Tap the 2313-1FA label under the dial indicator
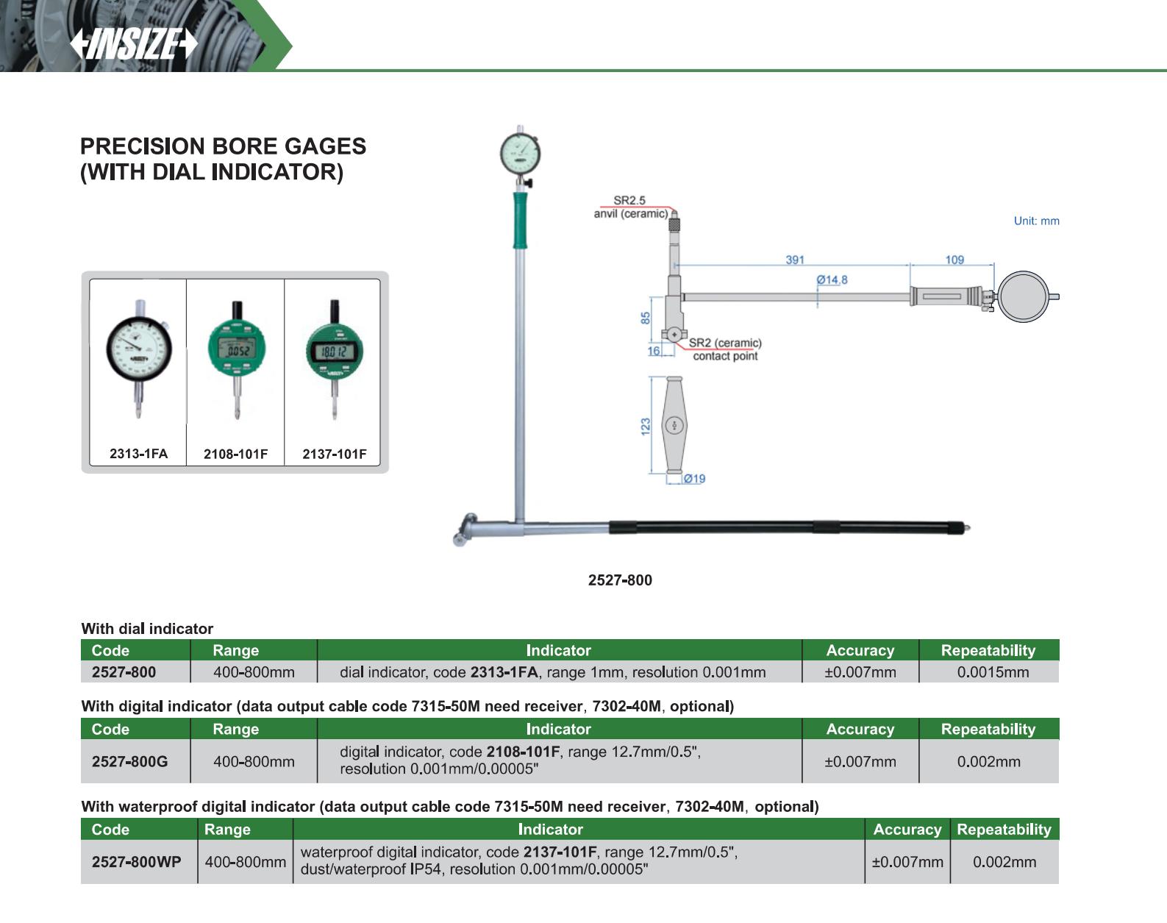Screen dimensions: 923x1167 (x=138, y=454)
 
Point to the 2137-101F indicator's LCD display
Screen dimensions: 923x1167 (x=333, y=352)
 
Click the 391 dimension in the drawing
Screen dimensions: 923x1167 (x=795, y=260)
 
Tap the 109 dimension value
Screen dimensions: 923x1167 (x=954, y=260)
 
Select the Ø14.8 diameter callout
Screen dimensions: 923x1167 (x=832, y=279)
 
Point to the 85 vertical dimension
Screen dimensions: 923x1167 (x=646, y=318)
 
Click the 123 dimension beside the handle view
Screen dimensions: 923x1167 (x=646, y=426)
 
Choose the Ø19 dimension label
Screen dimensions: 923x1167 (x=694, y=479)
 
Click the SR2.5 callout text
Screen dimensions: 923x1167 (x=629, y=200)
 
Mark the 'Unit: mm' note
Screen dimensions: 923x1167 (x=1036, y=221)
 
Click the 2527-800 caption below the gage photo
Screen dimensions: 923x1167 (x=620, y=580)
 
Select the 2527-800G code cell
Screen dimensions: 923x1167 (x=129, y=762)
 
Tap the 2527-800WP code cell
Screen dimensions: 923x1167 (x=136, y=862)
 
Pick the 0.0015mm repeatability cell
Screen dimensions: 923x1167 (x=988, y=672)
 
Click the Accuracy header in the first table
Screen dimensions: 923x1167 (x=860, y=650)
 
